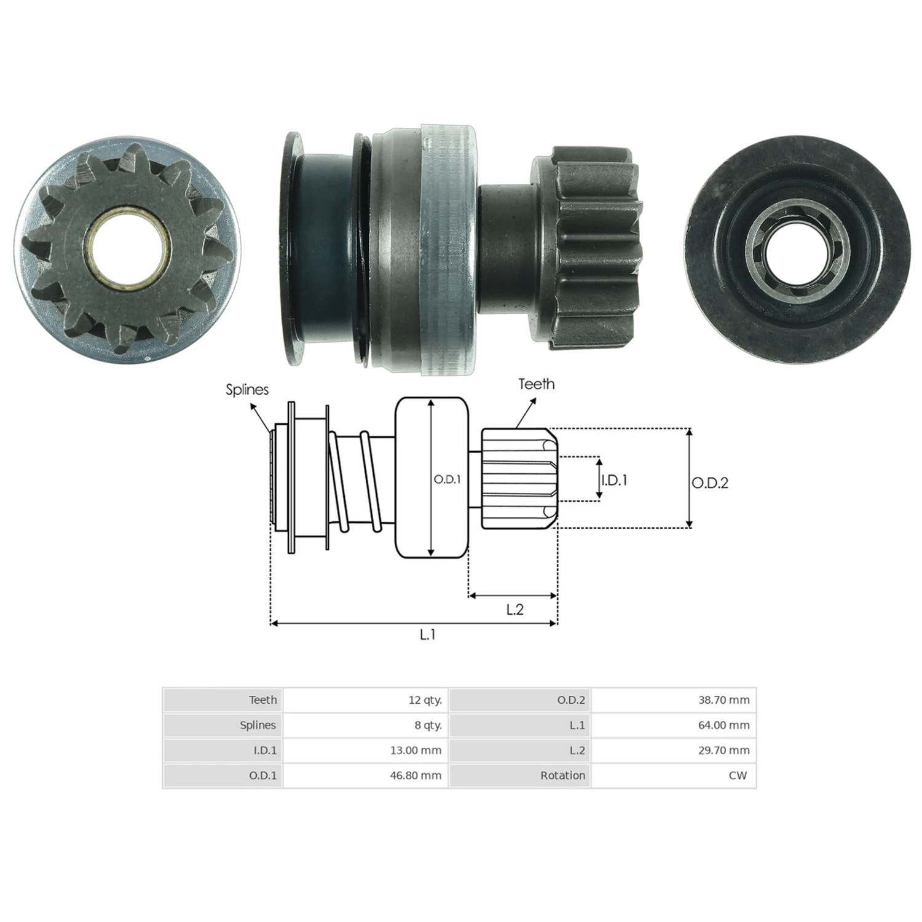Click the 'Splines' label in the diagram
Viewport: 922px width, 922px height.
(x=247, y=390)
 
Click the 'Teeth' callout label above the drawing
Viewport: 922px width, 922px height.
(x=536, y=384)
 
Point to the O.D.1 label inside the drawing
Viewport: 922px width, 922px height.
(x=447, y=479)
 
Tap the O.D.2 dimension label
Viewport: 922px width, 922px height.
(x=710, y=483)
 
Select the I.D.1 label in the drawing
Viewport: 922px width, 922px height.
(x=614, y=480)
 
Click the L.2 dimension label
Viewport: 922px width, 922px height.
(x=514, y=609)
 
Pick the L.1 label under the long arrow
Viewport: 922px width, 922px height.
(x=427, y=634)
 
